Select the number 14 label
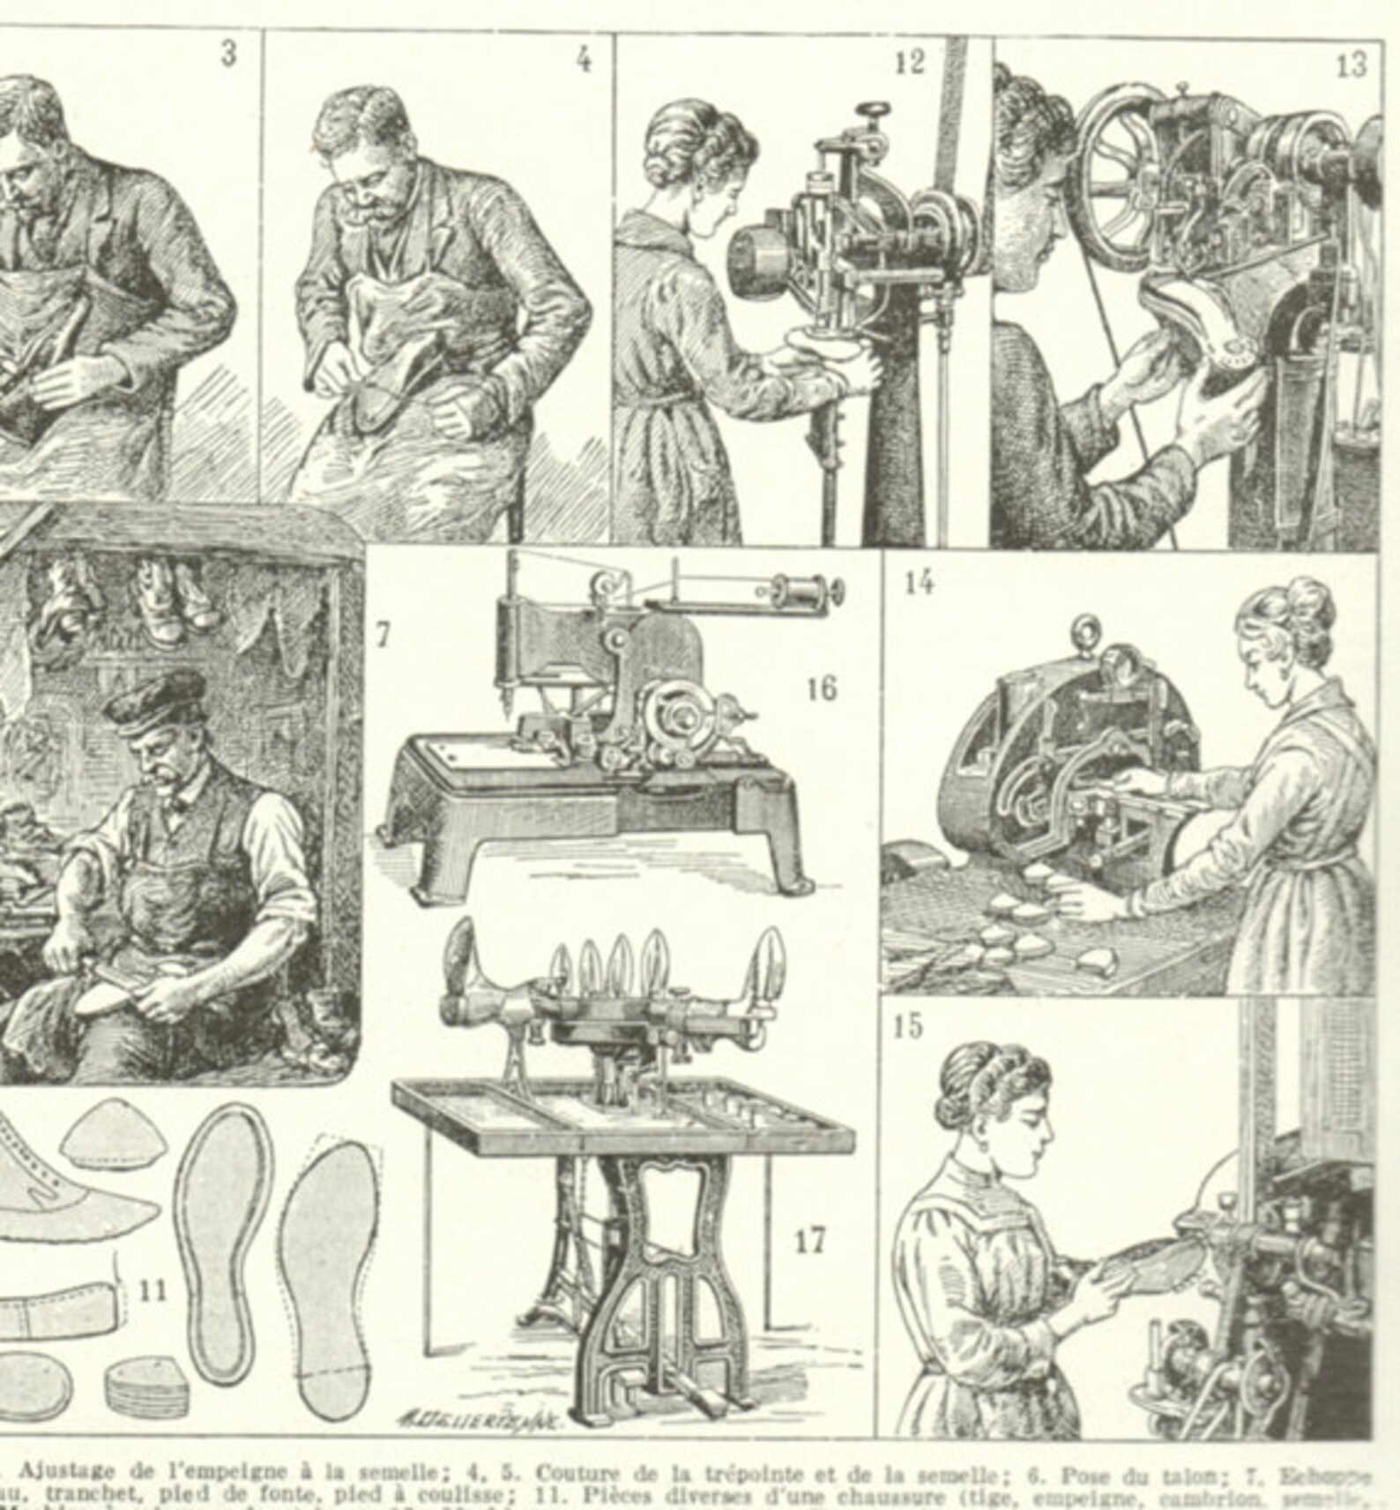(x=918, y=582)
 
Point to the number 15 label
(x=908, y=1026)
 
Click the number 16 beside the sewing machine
(x=822, y=688)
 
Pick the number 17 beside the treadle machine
(x=809, y=1241)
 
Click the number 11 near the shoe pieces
(x=153, y=1291)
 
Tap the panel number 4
(x=584, y=60)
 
